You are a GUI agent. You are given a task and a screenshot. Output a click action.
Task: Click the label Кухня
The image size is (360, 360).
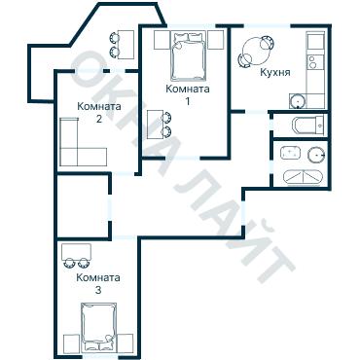click(x=275, y=72)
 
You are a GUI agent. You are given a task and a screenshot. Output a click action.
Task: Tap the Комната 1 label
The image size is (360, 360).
click(x=188, y=94)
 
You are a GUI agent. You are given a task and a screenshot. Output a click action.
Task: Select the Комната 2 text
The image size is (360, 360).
click(x=99, y=112)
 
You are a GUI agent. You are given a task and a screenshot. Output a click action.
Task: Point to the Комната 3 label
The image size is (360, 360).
click(x=98, y=283)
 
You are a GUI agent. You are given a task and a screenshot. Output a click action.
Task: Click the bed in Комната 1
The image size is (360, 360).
click(x=189, y=55)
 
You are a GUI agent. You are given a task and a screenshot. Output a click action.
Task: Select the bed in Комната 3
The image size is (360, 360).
click(x=99, y=327)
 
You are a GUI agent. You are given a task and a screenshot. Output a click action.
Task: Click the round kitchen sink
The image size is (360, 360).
click(x=298, y=101)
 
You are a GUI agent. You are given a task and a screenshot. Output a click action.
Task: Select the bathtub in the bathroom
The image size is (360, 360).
click(x=303, y=177)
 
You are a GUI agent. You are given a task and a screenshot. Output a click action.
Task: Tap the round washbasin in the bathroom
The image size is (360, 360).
click(x=316, y=155)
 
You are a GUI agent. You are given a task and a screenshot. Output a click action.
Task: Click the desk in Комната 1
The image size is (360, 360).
click(x=155, y=125)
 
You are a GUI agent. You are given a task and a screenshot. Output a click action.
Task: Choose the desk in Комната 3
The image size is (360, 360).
click(x=76, y=252)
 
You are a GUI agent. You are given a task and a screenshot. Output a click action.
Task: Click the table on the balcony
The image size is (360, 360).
click(x=126, y=45)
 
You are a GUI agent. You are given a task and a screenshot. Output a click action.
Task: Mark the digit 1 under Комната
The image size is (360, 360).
click(x=188, y=101)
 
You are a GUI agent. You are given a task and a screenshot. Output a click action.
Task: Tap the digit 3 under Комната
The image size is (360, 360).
click(x=98, y=290)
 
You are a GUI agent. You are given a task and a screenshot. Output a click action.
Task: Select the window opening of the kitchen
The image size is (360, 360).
click(x=267, y=25)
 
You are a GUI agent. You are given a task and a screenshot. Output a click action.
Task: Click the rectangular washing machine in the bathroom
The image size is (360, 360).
click(x=291, y=153)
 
